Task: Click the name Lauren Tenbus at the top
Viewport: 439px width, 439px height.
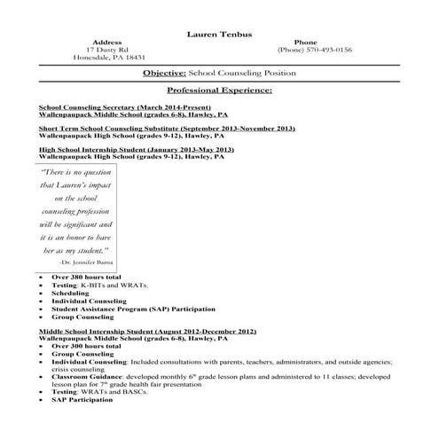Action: (219, 34)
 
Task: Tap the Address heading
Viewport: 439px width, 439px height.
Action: (106, 42)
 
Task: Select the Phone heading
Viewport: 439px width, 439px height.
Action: (304, 42)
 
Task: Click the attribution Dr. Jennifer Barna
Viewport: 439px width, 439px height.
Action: (88, 263)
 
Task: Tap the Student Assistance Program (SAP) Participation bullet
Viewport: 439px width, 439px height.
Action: (133, 310)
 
